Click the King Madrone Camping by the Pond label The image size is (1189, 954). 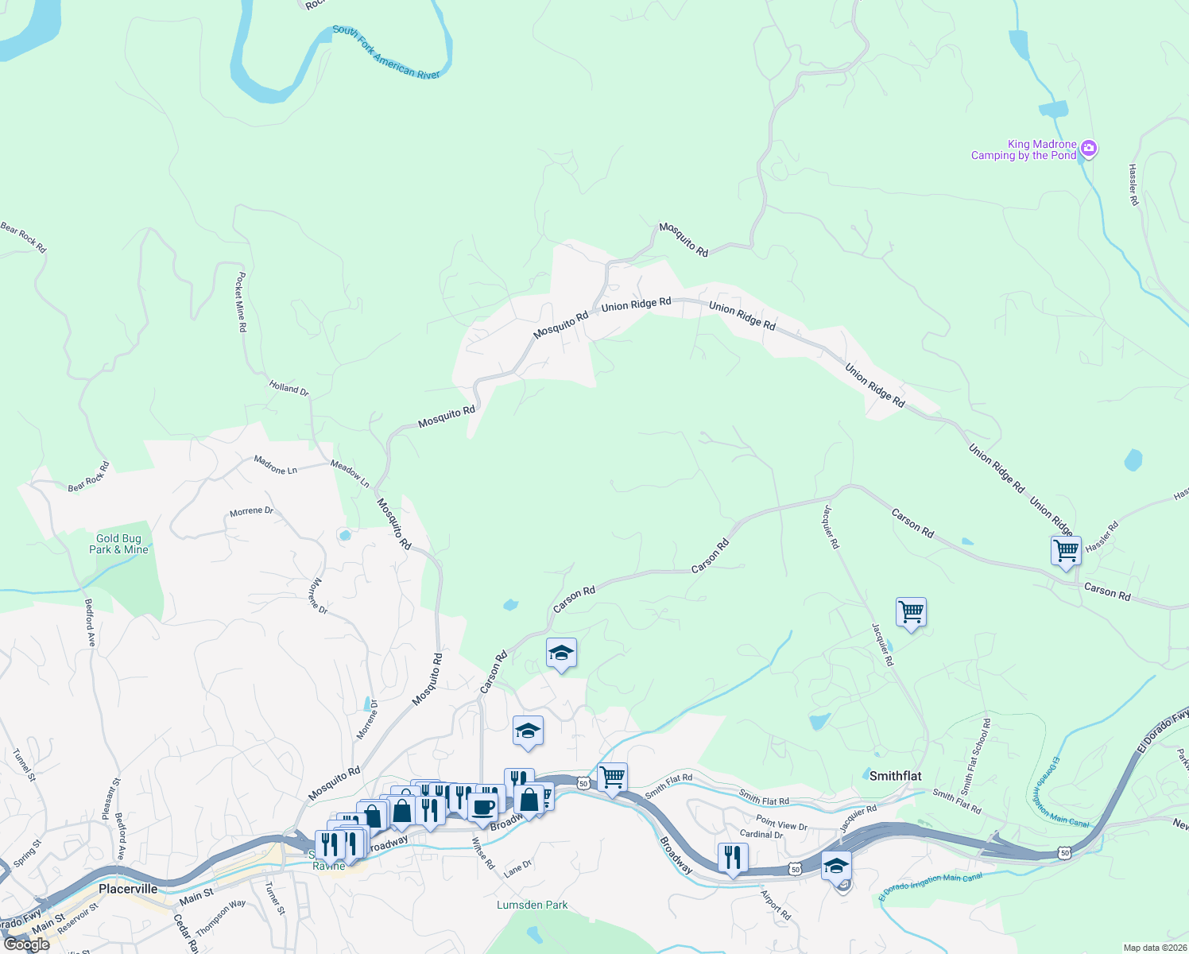click(1024, 150)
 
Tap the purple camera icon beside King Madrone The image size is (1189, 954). click(1089, 148)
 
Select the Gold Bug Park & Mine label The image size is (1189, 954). click(118, 545)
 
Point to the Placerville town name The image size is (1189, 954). click(128, 889)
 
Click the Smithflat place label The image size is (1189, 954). click(895, 776)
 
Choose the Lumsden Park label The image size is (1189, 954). click(532, 905)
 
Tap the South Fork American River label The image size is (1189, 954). click(386, 52)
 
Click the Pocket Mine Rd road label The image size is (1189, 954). click(241, 302)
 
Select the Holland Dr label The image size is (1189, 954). click(289, 388)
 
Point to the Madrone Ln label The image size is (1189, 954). click(275, 465)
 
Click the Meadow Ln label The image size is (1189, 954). click(350, 474)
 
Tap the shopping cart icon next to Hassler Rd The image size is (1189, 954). click(1066, 550)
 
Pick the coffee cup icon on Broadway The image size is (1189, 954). click(482, 808)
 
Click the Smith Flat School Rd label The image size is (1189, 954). click(976, 757)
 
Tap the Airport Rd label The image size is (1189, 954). click(776, 905)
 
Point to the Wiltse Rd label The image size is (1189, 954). click(483, 852)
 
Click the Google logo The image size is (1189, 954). click(27, 944)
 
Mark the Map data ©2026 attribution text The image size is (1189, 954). click(1153, 948)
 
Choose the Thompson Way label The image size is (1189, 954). click(221, 917)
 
